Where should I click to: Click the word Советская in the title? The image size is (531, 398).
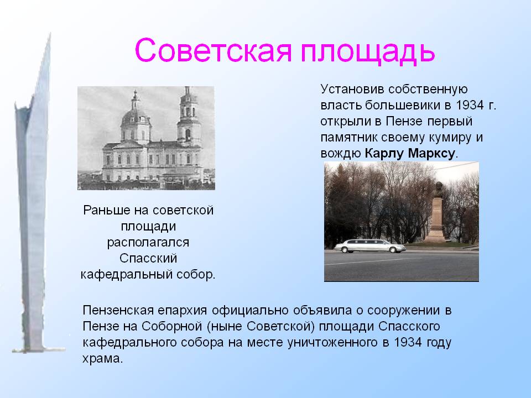[x=214, y=50]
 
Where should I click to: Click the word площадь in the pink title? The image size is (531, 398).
[x=367, y=52]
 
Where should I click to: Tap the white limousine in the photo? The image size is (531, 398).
[x=370, y=245]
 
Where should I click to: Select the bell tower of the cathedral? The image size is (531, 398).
[x=188, y=115]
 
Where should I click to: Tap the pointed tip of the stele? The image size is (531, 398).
[x=50, y=33]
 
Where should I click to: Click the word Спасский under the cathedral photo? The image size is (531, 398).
[x=148, y=258]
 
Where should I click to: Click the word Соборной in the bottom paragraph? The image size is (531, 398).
[x=171, y=326]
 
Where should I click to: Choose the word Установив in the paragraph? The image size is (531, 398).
[x=352, y=89]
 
